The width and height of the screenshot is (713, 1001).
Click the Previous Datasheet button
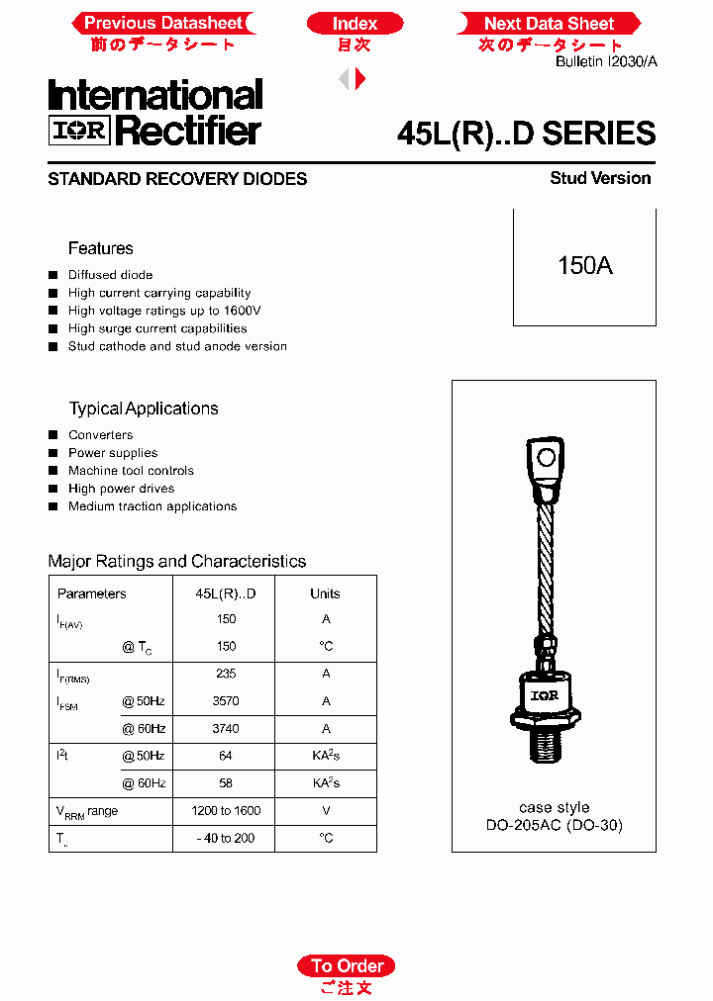tap(162, 23)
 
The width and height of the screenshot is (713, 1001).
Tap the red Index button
tap(355, 23)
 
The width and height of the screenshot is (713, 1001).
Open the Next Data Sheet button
tap(549, 23)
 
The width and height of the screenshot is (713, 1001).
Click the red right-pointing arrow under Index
tap(361, 79)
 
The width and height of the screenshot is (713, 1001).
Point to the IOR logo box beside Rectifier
tap(78, 131)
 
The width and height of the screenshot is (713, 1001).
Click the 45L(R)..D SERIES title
tap(525, 134)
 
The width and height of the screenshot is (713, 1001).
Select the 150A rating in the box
tap(584, 266)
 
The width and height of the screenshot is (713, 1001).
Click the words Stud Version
tap(600, 178)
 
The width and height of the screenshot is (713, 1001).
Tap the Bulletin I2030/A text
tap(605, 61)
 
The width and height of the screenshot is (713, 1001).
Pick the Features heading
tap(100, 248)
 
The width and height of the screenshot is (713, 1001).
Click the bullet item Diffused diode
tap(110, 275)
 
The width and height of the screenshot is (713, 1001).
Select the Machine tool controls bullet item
tap(131, 471)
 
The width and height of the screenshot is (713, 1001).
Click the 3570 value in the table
tap(226, 701)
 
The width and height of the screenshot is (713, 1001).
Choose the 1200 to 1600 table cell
tap(226, 811)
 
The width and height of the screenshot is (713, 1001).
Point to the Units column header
tap(325, 593)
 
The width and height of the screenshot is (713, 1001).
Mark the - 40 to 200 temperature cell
tap(226, 838)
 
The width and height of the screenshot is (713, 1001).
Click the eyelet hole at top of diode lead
tap(545, 457)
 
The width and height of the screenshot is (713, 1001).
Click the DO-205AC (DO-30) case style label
tap(554, 825)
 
